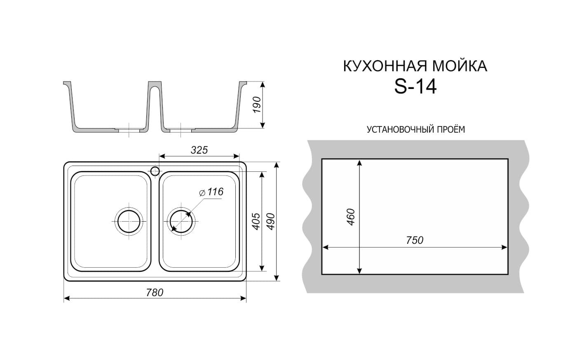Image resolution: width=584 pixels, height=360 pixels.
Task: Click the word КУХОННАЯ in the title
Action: point(386,66)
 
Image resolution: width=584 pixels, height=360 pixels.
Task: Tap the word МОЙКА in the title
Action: point(460,66)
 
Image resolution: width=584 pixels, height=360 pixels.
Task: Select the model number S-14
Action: point(415,87)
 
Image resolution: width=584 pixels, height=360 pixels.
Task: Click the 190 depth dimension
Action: point(257,105)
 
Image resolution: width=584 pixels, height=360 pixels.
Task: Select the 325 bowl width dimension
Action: point(199,150)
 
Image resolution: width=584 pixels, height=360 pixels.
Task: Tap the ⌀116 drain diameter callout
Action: point(211,192)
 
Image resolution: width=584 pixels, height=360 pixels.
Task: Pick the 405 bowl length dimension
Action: point(256,222)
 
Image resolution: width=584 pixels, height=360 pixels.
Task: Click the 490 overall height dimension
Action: point(271,222)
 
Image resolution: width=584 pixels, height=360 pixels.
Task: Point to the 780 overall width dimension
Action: point(155,293)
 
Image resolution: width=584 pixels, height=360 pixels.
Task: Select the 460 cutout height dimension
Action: point(351,217)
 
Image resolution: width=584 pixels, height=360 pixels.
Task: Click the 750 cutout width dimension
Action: point(415,240)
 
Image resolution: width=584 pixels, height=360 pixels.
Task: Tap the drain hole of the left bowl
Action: point(129,222)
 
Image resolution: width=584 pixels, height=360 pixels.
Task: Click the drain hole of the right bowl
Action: point(181,222)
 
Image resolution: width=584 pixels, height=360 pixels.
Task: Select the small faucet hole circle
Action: point(155,171)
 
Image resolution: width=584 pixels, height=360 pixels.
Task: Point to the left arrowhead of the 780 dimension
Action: point(67,299)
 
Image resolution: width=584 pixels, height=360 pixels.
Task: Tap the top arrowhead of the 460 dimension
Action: point(359,163)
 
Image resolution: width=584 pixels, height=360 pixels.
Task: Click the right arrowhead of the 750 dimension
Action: point(504,248)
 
